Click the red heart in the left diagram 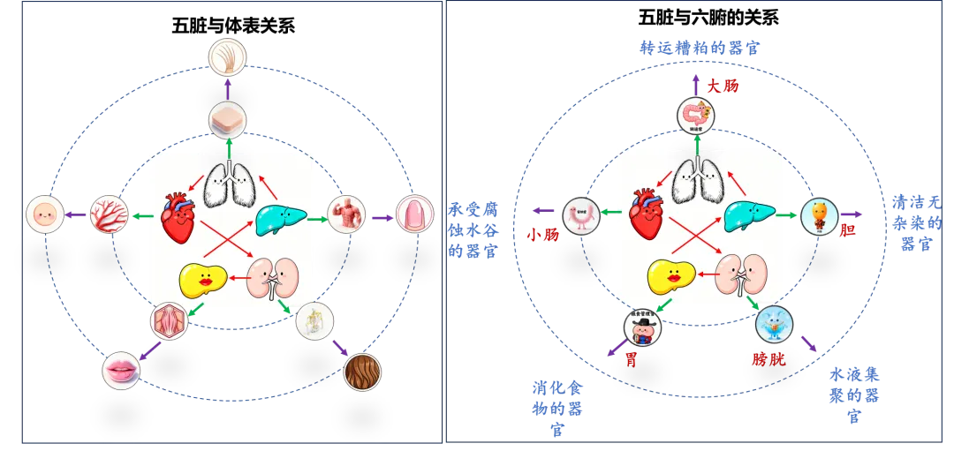tap(179, 216)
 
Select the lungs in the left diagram tap(231, 184)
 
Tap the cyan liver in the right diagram tap(749, 216)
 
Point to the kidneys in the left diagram tap(273, 277)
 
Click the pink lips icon tap(121, 370)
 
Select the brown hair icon tap(362, 372)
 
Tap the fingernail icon tap(414, 214)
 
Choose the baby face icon tap(44, 214)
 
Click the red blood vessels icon tap(110, 214)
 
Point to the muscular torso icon tap(345, 214)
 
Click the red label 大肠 tap(722, 86)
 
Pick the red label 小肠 tap(541, 236)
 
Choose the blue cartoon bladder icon tap(774, 325)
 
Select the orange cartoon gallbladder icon tap(819, 216)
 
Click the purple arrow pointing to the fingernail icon tap(382, 216)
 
